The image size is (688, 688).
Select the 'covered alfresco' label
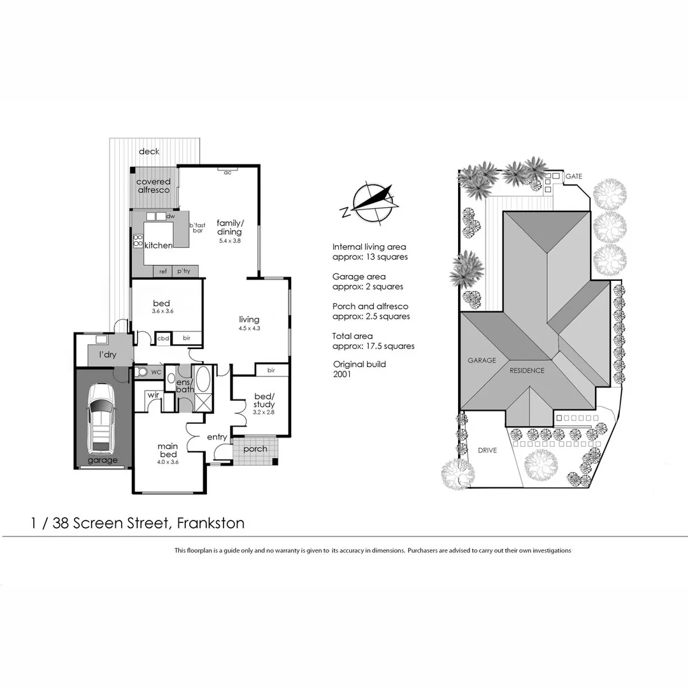pos(154,186)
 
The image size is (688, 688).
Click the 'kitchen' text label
pos(158,245)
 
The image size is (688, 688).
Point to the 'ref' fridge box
pos(163,271)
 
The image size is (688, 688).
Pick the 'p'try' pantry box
pos(184,271)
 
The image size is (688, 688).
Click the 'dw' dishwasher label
pos(170,217)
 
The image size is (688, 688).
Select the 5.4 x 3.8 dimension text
pos(229,241)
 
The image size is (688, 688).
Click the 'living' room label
pos(249,319)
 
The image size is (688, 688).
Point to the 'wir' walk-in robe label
pos(153,395)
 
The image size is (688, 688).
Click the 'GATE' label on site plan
pos(574,176)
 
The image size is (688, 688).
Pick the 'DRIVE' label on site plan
pos(487,450)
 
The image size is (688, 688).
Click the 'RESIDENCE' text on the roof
pos(526,370)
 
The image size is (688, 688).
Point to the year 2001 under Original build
pos(342,375)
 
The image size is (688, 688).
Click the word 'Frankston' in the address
pos(210,524)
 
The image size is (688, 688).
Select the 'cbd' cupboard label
pos(163,338)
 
